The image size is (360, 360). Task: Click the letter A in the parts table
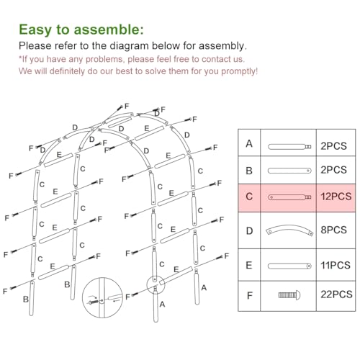pos(249,144)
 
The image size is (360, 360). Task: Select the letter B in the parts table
pos(249,170)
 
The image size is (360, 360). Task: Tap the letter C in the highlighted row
pos(249,196)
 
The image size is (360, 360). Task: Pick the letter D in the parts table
pos(249,230)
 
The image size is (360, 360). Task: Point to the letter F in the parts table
pos(249,294)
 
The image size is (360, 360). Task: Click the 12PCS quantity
pos(336,196)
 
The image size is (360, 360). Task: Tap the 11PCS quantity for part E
pos(336,265)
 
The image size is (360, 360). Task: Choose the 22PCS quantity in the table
pos(336,294)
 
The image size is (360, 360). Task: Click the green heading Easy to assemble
pos(81,30)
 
